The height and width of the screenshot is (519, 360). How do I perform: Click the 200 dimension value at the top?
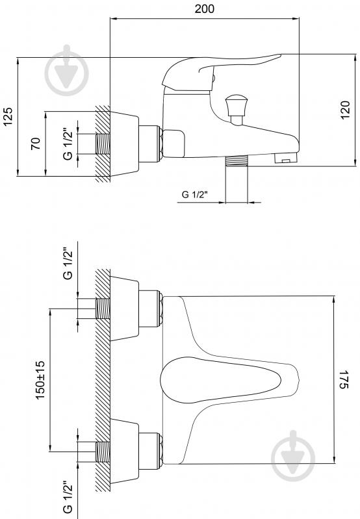[204, 8]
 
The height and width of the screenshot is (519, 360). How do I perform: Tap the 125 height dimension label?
[8, 116]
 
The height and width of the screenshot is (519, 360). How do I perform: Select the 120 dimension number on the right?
[345, 110]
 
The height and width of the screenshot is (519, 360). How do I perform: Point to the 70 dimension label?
[36, 144]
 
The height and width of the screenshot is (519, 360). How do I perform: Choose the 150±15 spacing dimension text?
[40, 380]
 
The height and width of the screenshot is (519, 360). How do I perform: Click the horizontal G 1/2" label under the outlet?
[195, 194]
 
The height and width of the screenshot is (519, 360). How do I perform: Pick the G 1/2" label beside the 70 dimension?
[68, 144]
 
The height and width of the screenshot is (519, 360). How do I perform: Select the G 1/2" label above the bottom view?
[68, 264]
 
